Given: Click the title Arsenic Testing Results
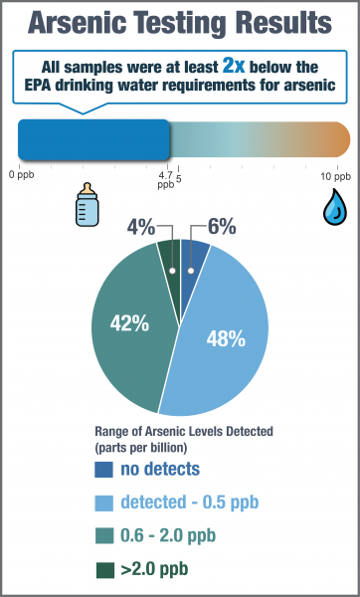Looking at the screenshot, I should (180, 23).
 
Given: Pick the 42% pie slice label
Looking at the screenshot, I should (128, 323).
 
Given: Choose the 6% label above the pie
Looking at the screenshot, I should (221, 227).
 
